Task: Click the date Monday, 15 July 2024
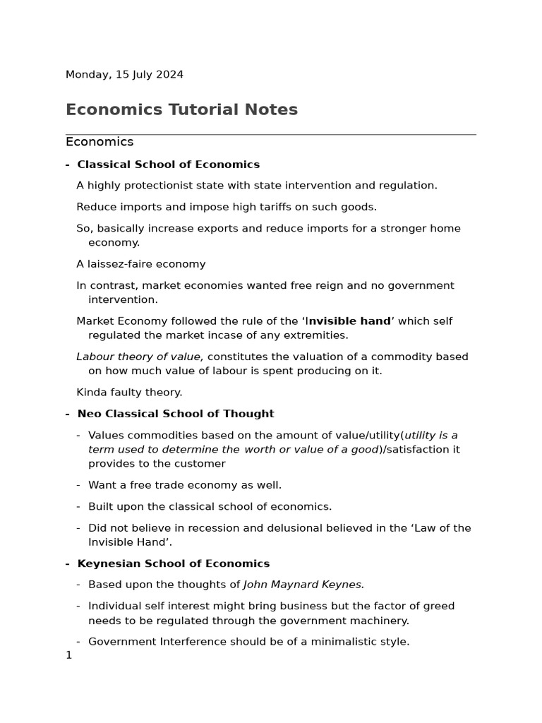pos(124,74)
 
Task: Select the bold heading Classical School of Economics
pos(168,165)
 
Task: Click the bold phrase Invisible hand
pos(349,321)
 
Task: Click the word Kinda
pos(92,392)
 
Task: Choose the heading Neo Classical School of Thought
pos(175,414)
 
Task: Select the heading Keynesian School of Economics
pos(173,563)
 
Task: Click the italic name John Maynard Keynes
pos(303,585)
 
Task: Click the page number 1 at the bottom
pos(68,655)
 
